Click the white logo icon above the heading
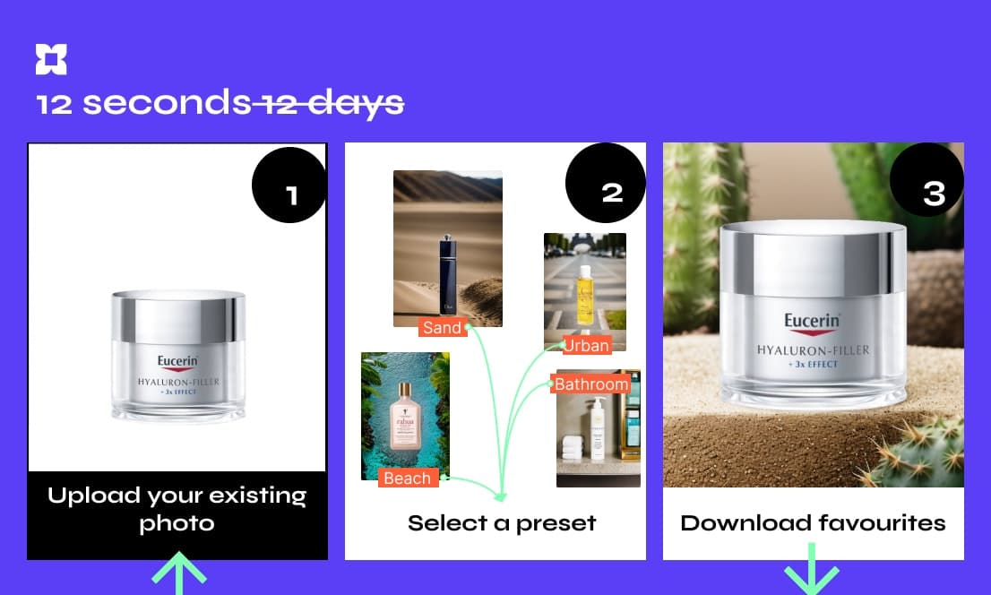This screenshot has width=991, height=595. pos(51,59)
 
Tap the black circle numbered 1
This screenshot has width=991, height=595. pos(289,185)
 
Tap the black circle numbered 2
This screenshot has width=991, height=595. pos(606,183)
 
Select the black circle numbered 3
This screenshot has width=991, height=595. pos(927,180)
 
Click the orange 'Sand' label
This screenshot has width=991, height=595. pos(443,328)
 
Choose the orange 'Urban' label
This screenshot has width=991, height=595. pos(586,345)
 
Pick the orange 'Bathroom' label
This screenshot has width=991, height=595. pos(590,384)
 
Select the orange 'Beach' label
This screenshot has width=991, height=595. pos(408,478)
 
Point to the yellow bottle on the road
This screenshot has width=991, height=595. pos(585,296)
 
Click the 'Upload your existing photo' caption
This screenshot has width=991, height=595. pos(177,509)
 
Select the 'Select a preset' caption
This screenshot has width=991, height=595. pos(502,523)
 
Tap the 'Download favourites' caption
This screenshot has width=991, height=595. pos(813,523)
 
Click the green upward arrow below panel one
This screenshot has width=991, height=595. pos(179,573)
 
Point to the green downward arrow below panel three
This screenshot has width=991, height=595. pos(812,569)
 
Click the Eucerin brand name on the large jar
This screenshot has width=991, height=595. pos(812,321)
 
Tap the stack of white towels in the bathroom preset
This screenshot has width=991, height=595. pos(572,447)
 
